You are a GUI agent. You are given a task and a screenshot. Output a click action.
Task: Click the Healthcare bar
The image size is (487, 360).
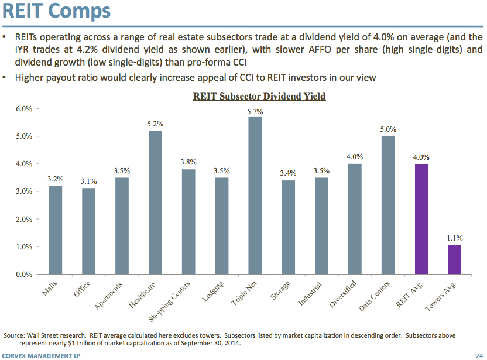[155, 202]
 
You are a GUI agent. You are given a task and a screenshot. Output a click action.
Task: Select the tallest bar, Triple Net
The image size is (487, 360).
[255, 196]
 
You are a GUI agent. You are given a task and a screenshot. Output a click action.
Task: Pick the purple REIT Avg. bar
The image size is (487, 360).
[421, 219]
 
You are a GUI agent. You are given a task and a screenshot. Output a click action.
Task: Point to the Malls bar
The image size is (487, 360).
[55, 229]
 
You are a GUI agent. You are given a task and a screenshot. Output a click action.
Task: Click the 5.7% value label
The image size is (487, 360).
[255, 111]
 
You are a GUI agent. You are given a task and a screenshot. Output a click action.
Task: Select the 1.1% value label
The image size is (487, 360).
[455, 238]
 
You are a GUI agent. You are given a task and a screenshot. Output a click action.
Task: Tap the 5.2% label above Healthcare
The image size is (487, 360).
[155, 124]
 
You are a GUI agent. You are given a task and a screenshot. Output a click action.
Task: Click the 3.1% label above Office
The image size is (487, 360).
[88, 181]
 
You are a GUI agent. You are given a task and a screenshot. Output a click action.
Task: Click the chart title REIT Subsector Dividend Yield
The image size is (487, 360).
[259, 96]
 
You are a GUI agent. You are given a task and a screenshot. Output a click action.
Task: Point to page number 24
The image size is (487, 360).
[479, 355]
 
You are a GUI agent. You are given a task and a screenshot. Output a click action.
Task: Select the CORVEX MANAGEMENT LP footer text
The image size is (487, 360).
[41, 355]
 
